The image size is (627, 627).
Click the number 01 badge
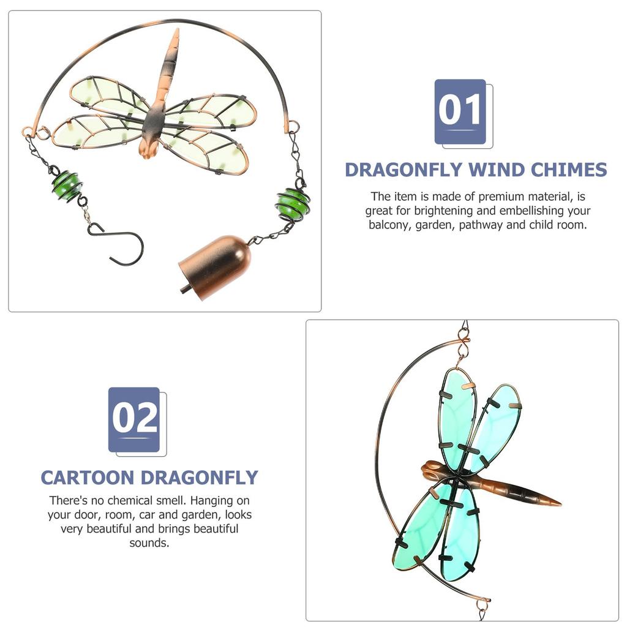[460, 111]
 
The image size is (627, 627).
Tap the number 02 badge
[135, 419]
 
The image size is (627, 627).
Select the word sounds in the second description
[149, 543]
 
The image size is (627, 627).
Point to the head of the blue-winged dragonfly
[430, 471]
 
